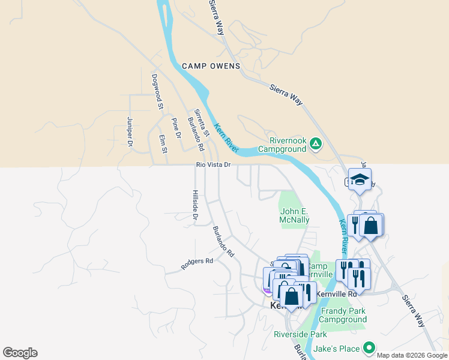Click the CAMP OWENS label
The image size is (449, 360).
pos(211,66)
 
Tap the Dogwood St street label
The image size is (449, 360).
pos(157,91)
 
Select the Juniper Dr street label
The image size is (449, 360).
pos(130,131)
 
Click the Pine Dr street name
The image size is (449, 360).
pos(176,128)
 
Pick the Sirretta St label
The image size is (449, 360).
pos(200,121)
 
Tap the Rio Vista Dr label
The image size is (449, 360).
pos(212,164)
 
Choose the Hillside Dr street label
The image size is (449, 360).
pos(194,205)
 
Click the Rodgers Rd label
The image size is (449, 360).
pos(197,261)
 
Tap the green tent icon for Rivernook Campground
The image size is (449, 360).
pos(315,143)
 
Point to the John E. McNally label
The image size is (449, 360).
pos(295,215)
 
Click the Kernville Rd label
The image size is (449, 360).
pos(337,294)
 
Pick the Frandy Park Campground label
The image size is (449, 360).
pos(343,315)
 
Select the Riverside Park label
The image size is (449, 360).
pos(300,334)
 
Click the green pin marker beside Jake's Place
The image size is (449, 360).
pos(369,348)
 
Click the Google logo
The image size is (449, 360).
pos(20,353)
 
